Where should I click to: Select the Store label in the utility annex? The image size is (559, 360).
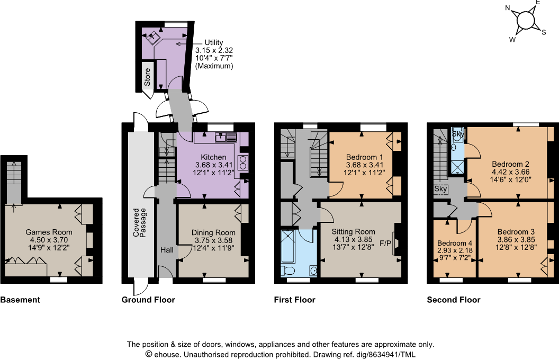148,77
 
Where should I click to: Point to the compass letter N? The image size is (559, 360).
507,8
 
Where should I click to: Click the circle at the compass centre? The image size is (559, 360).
525,20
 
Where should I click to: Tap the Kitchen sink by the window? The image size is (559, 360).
225,138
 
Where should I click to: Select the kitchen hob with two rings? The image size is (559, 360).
244,162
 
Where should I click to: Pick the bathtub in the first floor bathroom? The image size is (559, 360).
288,246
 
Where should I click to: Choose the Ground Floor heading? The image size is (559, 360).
148,300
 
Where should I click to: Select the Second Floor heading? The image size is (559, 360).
454,300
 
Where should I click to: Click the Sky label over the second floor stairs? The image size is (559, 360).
440,188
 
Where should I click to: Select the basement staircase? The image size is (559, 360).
14,180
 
